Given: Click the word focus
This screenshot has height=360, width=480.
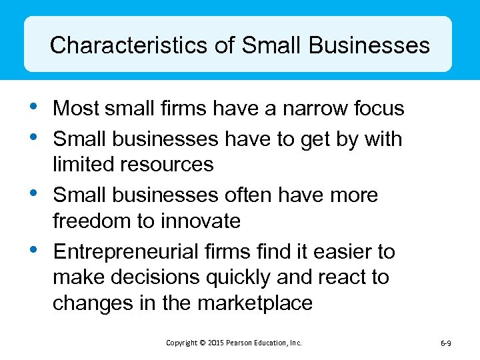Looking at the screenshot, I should (x=379, y=108).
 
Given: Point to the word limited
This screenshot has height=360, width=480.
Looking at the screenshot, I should (x=85, y=164).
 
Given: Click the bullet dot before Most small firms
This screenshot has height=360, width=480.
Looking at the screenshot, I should (x=35, y=105).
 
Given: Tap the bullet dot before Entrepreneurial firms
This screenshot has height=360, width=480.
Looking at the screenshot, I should (x=35, y=249).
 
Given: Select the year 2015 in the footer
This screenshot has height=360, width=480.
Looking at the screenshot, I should (x=215, y=343).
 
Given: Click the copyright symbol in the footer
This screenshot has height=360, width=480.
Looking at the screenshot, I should (x=202, y=343).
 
